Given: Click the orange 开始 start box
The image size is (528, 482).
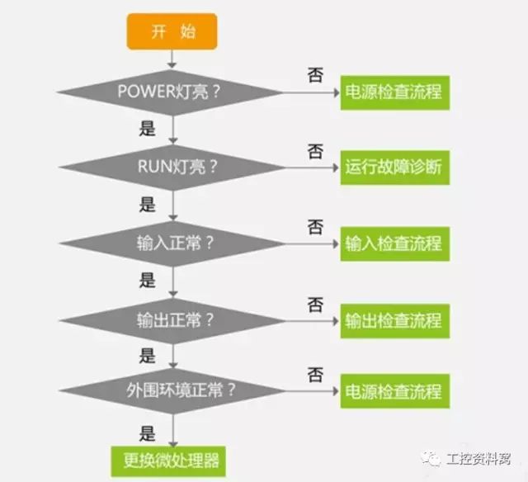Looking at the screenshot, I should tap(172, 32).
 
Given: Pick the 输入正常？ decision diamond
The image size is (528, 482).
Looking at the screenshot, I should tap(172, 243).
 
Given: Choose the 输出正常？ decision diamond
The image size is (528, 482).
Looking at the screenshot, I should tap(172, 319).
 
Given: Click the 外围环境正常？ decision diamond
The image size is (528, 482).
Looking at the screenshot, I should tap(172, 390).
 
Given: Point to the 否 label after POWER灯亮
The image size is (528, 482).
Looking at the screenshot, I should tap(315, 75).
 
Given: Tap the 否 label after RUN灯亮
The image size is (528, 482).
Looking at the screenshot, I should tap(315, 151).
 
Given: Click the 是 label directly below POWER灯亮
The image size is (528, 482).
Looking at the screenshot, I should tap(148, 129).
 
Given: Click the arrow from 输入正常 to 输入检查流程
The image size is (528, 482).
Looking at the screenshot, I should tap(310, 243).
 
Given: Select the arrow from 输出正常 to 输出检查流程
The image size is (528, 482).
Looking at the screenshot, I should tap(310, 319).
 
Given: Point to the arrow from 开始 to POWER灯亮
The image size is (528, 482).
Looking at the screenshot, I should tap(172, 58).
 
